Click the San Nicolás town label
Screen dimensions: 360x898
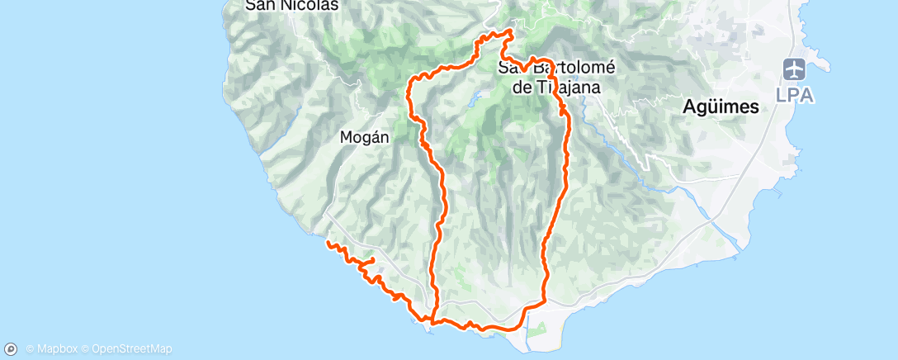click(281, 5)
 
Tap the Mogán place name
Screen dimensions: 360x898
click(364, 139)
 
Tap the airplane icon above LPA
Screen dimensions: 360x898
click(794, 69)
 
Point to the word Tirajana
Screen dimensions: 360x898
click(570, 87)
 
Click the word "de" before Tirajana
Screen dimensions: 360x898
click(521, 87)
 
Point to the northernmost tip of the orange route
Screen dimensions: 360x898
click(509, 31)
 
